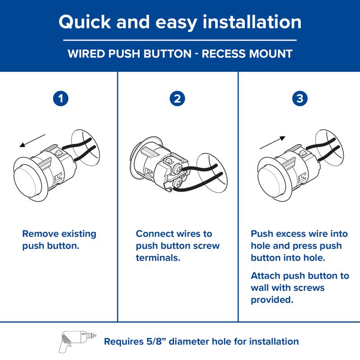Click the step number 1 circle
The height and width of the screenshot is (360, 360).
60,99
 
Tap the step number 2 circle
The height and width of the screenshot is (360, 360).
178,99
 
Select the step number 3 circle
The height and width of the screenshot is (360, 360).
299,99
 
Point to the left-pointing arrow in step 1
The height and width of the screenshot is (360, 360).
32,140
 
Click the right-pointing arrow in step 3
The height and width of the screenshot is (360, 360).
272,143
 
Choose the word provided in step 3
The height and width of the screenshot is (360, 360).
272,299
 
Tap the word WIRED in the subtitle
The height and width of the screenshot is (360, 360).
85,54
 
